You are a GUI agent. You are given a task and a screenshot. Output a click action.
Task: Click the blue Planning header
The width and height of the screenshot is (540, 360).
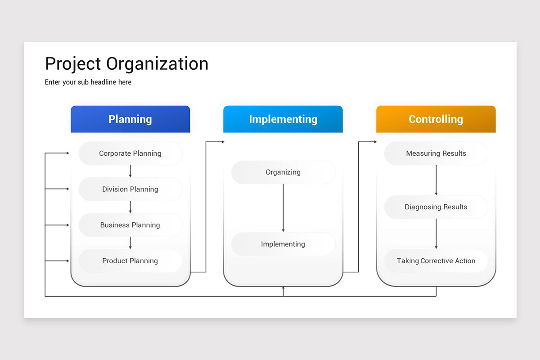click(x=130, y=119)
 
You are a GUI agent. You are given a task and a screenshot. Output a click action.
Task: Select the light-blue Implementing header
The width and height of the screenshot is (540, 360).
click(x=283, y=119)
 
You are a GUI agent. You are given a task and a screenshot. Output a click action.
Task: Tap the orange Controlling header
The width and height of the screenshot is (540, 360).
click(x=436, y=119)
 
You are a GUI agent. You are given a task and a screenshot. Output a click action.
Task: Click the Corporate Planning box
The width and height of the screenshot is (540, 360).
click(x=130, y=153)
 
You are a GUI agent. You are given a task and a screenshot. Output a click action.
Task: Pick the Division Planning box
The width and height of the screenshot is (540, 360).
click(x=130, y=189)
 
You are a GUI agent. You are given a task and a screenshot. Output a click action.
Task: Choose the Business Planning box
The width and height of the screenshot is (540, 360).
click(x=130, y=225)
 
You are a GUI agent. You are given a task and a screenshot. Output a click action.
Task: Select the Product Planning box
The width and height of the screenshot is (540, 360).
click(x=130, y=261)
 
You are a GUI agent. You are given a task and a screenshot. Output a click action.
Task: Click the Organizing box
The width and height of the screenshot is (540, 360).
click(x=283, y=172)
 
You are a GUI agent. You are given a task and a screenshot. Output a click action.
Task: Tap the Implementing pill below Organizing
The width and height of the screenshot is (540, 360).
click(x=283, y=244)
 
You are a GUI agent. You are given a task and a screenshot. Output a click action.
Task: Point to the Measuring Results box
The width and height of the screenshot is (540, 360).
click(x=436, y=153)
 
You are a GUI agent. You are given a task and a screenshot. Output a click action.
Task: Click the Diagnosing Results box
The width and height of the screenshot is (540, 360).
click(x=436, y=207)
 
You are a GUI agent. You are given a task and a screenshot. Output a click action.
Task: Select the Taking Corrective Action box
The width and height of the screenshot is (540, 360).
click(x=436, y=261)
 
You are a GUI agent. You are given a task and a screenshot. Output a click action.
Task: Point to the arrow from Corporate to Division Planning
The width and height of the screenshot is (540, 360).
click(x=130, y=171)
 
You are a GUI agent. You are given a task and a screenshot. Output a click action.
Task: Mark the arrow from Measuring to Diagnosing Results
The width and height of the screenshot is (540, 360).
click(x=436, y=180)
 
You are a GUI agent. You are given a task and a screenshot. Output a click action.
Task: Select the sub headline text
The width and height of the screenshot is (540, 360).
click(x=88, y=82)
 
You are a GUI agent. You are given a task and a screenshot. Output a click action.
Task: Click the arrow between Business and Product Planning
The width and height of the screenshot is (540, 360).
click(x=130, y=243)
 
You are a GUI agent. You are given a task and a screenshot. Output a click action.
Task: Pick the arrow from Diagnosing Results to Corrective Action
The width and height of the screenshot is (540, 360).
click(x=436, y=234)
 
